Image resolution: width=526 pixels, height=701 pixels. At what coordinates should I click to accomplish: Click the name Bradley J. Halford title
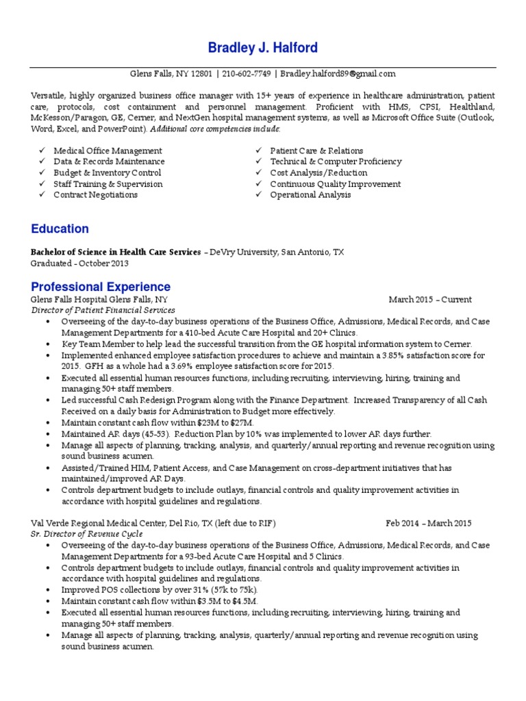(x=263, y=48)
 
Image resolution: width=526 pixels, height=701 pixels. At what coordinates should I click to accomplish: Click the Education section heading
(x=60, y=229)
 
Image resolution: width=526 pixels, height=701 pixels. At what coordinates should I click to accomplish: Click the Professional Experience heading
(x=100, y=286)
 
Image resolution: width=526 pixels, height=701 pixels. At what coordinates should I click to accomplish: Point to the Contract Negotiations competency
(x=95, y=195)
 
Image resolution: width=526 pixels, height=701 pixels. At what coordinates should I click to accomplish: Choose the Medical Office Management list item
(x=108, y=151)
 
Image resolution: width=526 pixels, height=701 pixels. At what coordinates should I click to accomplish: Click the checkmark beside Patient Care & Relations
(x=259, y=151)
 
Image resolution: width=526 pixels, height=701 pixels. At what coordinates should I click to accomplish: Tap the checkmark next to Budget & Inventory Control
(x=42, y=173)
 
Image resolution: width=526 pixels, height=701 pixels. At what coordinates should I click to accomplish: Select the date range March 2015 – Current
(x=430, y=300)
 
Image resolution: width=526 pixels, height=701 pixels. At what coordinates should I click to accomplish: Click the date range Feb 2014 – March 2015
(x=429, y=524)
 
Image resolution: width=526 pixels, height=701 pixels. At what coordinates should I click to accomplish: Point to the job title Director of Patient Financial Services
(x=102, y=311)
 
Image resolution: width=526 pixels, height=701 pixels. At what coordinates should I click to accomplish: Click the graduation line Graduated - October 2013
(x=79, y=263)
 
